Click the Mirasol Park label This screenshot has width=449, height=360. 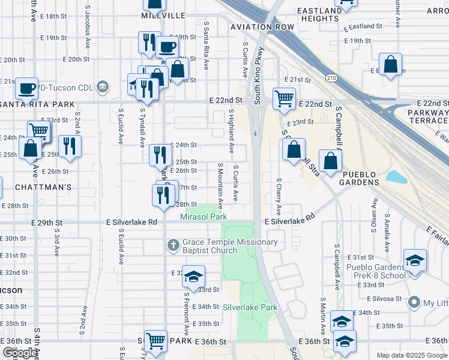pyautogui.click(x=204, y=216)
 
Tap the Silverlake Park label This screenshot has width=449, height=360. pyautogui.click(x=250, y=307)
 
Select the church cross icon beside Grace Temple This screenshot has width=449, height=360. pyautogui.click(x=173, y=245)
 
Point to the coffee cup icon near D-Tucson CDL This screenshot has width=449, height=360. pyautogui.click(x=26, y=89)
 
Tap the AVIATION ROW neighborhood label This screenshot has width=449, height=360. pyautogui.click(x=263, y=28)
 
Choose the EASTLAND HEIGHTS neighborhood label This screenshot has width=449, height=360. pyautogui.click(x=319, y=14)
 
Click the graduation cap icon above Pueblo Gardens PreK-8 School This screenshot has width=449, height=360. pyautogui.click(x=414, y=260)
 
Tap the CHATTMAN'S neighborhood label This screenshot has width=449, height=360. pyautogui.click(x=37, y=187)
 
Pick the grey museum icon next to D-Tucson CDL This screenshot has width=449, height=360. pyautogui.click(x=102, y=88)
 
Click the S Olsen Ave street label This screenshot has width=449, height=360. pyautogui.click(x=373, y=229)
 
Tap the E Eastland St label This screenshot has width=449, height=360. pyautogui.click(x=363, y=26)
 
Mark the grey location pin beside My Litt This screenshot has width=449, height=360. pyautogui.click(x=414, y=303)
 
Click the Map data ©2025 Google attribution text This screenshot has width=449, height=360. pyautogui.click(x=411, y=355)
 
